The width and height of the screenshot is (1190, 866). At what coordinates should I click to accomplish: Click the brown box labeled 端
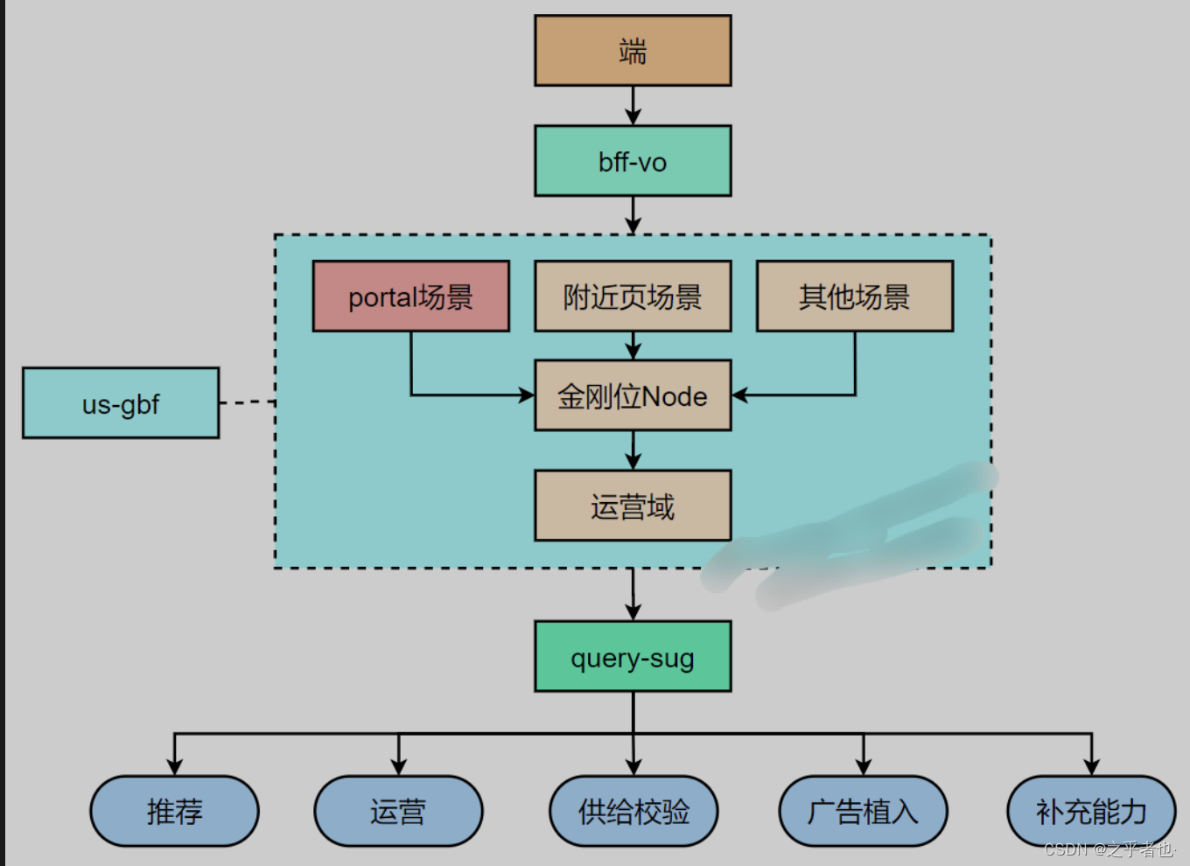point(633,51)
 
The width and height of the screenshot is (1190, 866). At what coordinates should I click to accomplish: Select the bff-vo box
point(633,161)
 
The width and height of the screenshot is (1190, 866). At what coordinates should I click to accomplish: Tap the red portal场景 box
point(411,297)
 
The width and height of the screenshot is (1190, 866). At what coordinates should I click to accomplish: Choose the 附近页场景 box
point(633,297)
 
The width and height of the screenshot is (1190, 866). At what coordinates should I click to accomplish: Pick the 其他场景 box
point(855,297)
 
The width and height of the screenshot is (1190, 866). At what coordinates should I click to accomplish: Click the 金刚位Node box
point(633,395)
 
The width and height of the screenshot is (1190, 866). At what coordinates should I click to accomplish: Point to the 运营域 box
point(633,506)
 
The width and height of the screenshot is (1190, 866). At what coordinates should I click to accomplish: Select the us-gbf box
point(121,403)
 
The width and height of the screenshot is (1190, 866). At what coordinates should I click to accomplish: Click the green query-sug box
point(633,657)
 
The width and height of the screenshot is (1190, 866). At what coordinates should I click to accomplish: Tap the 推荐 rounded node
point(174,811)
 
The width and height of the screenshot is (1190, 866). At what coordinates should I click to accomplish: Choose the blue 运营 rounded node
point(398,811)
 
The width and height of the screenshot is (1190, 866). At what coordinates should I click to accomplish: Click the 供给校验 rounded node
point(633,811)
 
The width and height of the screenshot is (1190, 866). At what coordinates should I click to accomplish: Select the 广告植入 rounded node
point(863,811)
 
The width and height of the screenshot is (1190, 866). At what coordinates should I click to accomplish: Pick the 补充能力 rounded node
point(1091,811)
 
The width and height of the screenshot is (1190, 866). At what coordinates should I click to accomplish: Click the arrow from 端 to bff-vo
point(633,106)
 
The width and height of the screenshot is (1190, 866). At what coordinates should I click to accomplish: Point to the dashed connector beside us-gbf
point(247,402)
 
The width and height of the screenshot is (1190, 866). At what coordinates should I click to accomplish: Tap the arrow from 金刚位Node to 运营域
point(633,450)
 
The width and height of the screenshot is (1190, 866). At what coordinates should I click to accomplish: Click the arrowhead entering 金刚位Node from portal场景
point(527,395)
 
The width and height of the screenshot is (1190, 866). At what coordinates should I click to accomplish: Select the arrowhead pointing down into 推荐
point(174,767)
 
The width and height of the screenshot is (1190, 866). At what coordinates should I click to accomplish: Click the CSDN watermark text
point(1109,849)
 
